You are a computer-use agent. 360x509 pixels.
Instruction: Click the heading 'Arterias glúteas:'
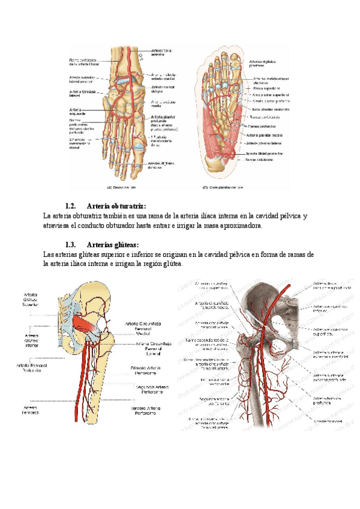pos(112,245)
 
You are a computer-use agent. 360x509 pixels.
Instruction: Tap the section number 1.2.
pos(71,206)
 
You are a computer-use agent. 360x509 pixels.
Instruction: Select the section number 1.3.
pos(71,245)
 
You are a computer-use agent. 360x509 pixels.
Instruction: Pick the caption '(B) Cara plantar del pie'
pos(224,187)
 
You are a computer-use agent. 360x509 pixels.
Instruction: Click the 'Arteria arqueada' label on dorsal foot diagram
pos(77,112)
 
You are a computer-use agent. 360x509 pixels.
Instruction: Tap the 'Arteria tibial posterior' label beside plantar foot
pos(264,154)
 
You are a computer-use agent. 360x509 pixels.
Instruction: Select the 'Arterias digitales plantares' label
pos(260,64)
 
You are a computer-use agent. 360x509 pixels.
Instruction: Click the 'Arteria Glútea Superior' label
pos(31,300)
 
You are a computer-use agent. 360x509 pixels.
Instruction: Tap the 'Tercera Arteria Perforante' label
pos(154,411)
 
